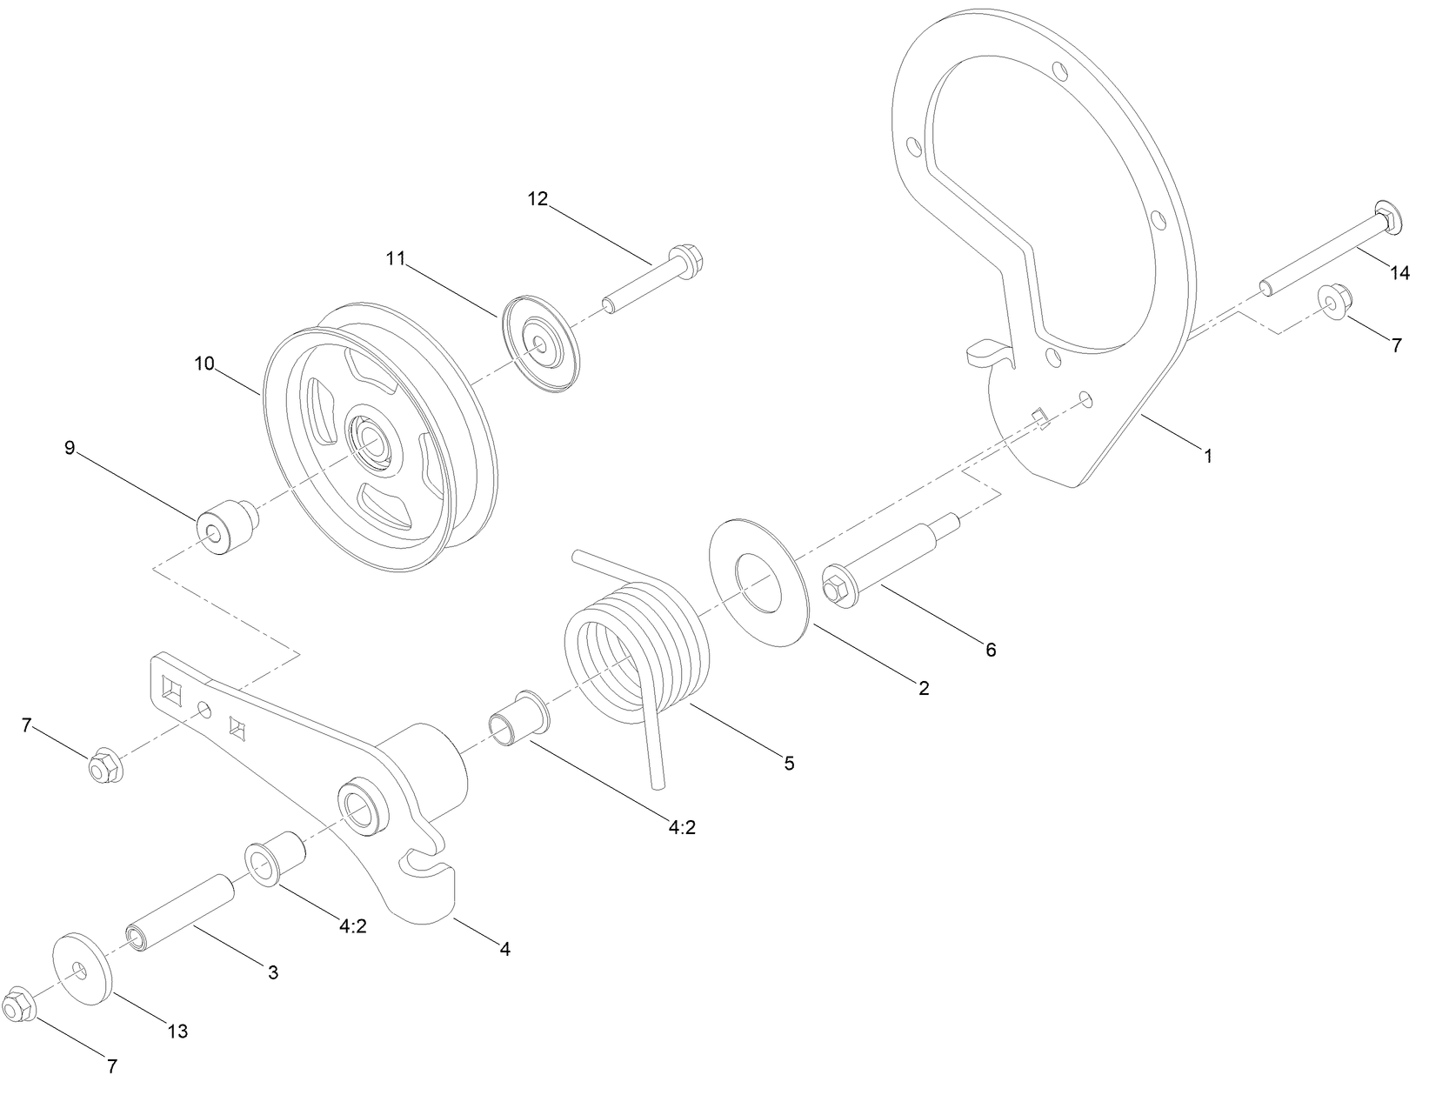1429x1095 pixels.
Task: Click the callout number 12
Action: [538, 199]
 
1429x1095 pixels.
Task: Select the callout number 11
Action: [397, 258]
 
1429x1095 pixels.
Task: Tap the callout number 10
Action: [204, 364]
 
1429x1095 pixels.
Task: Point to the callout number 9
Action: [70, 448]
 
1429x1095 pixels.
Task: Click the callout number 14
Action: [1399, 273]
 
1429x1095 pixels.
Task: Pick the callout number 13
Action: [177, 1032]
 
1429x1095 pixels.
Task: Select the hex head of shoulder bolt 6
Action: [838, 590]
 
